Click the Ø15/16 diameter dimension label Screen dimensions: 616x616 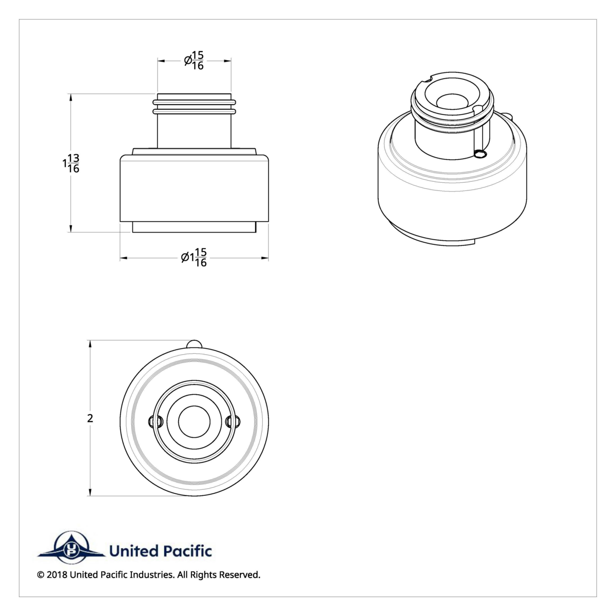point(194,61)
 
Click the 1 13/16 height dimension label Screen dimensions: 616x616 point(70,163)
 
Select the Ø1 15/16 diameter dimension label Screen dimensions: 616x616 point(194,258)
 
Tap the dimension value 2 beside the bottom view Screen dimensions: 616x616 point(90,418)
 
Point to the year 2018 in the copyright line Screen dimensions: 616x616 point(56,575)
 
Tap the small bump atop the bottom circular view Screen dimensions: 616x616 point(194,344)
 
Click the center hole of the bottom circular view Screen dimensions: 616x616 point(194,421)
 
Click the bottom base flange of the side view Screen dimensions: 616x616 point(194,227)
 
